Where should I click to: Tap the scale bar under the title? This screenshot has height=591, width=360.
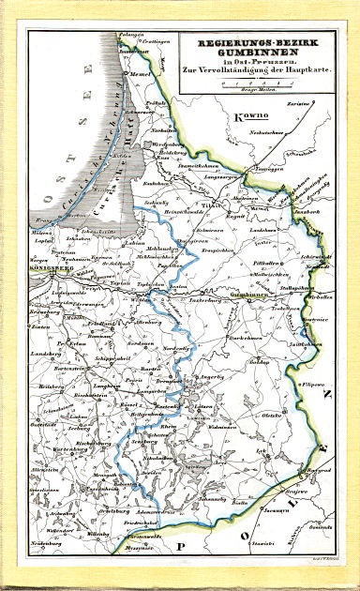[246, 84]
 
